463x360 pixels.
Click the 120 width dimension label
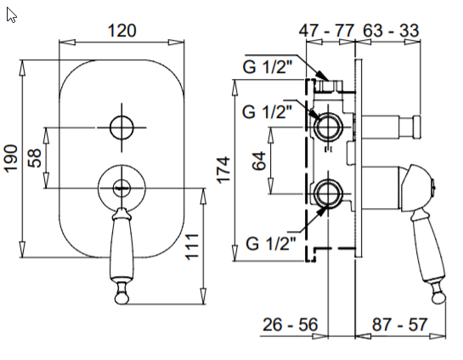point(121,31)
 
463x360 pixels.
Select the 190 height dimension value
point(11,158)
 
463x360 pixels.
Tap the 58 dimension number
point(35,158)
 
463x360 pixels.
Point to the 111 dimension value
point(192,247)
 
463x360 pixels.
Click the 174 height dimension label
point(223,171)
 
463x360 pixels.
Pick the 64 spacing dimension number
point(259,160)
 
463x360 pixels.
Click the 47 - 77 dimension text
point(326,31)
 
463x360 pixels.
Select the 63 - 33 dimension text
point(391,31)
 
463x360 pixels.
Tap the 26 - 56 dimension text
point(291,324)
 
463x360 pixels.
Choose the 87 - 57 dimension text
point(399,324)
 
